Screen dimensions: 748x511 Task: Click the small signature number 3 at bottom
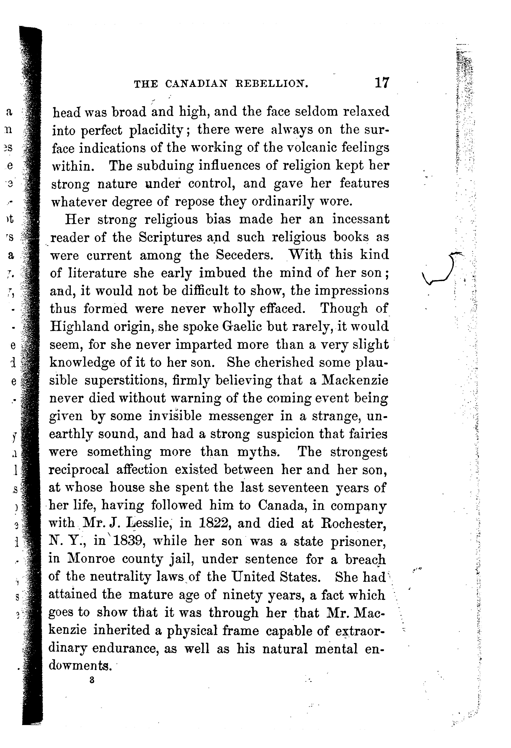[x=92, y=681]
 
